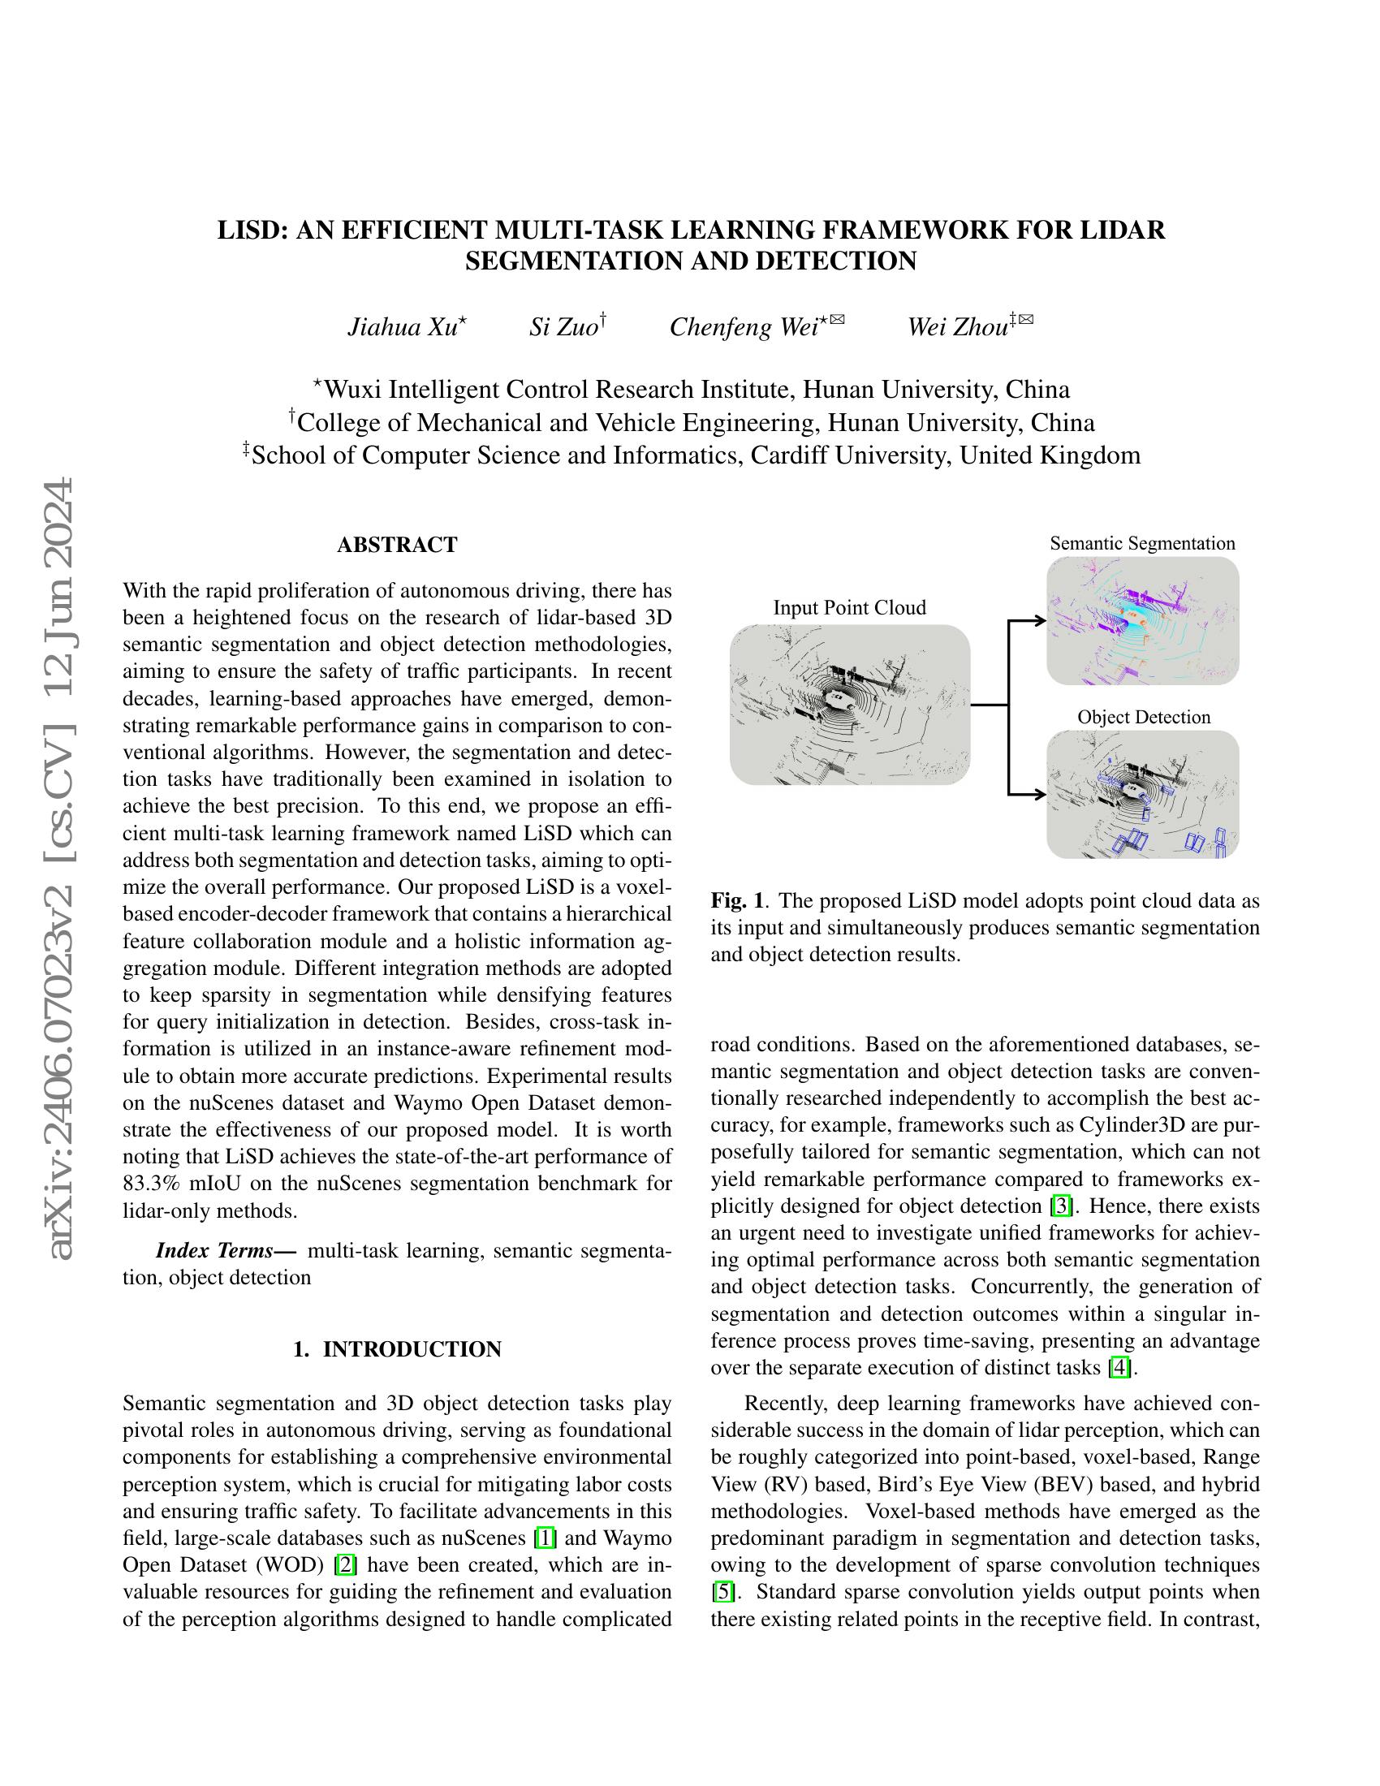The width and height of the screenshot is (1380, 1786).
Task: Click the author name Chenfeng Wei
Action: pyautogui.click(x=744, y=327)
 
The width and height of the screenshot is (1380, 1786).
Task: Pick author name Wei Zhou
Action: pyautogui.click(x=957, y=327)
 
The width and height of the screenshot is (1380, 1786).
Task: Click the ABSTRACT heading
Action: pyautogui.click(x=396, y=545)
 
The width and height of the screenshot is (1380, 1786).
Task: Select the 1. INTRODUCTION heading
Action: pyautogui.click(x=396, y=1349)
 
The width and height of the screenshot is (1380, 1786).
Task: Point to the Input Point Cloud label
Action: pyautogui.click(x=849, y=607)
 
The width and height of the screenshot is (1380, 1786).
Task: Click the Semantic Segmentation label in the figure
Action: pyautogui.click(x=1142, y=543)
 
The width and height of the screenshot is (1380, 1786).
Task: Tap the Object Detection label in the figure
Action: pyautogui.click(x=1143, y=717)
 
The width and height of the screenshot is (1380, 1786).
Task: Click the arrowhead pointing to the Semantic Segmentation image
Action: pyautogui.click(x=1041, y=621)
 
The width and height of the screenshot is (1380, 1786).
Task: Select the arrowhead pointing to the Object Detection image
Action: pyautogui.click(x=1041, y=793)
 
